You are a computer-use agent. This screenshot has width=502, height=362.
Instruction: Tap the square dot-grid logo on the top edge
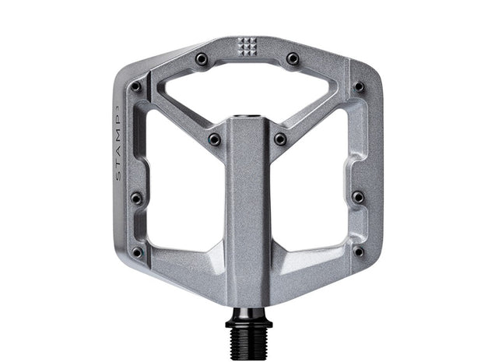(x=247, y=46)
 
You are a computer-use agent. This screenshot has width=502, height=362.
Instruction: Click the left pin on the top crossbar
(x=202, y=58)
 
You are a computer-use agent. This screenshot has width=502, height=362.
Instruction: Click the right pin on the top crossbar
(x=293, y=58)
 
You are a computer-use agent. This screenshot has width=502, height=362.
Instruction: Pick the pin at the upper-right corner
(x=359, y=86)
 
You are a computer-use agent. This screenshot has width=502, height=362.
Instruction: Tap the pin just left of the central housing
(x=214, y=139)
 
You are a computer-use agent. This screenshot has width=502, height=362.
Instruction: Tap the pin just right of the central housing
(x=280, y=139)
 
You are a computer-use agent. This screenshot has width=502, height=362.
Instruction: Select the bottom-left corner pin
(x=137, y=251)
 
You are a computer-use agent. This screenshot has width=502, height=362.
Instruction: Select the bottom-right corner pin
(x=359, y=251)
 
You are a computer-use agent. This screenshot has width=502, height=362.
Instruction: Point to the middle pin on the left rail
(x=136, y=198)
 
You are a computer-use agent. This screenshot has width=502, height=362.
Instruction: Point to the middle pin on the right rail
(x=358, y=198)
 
